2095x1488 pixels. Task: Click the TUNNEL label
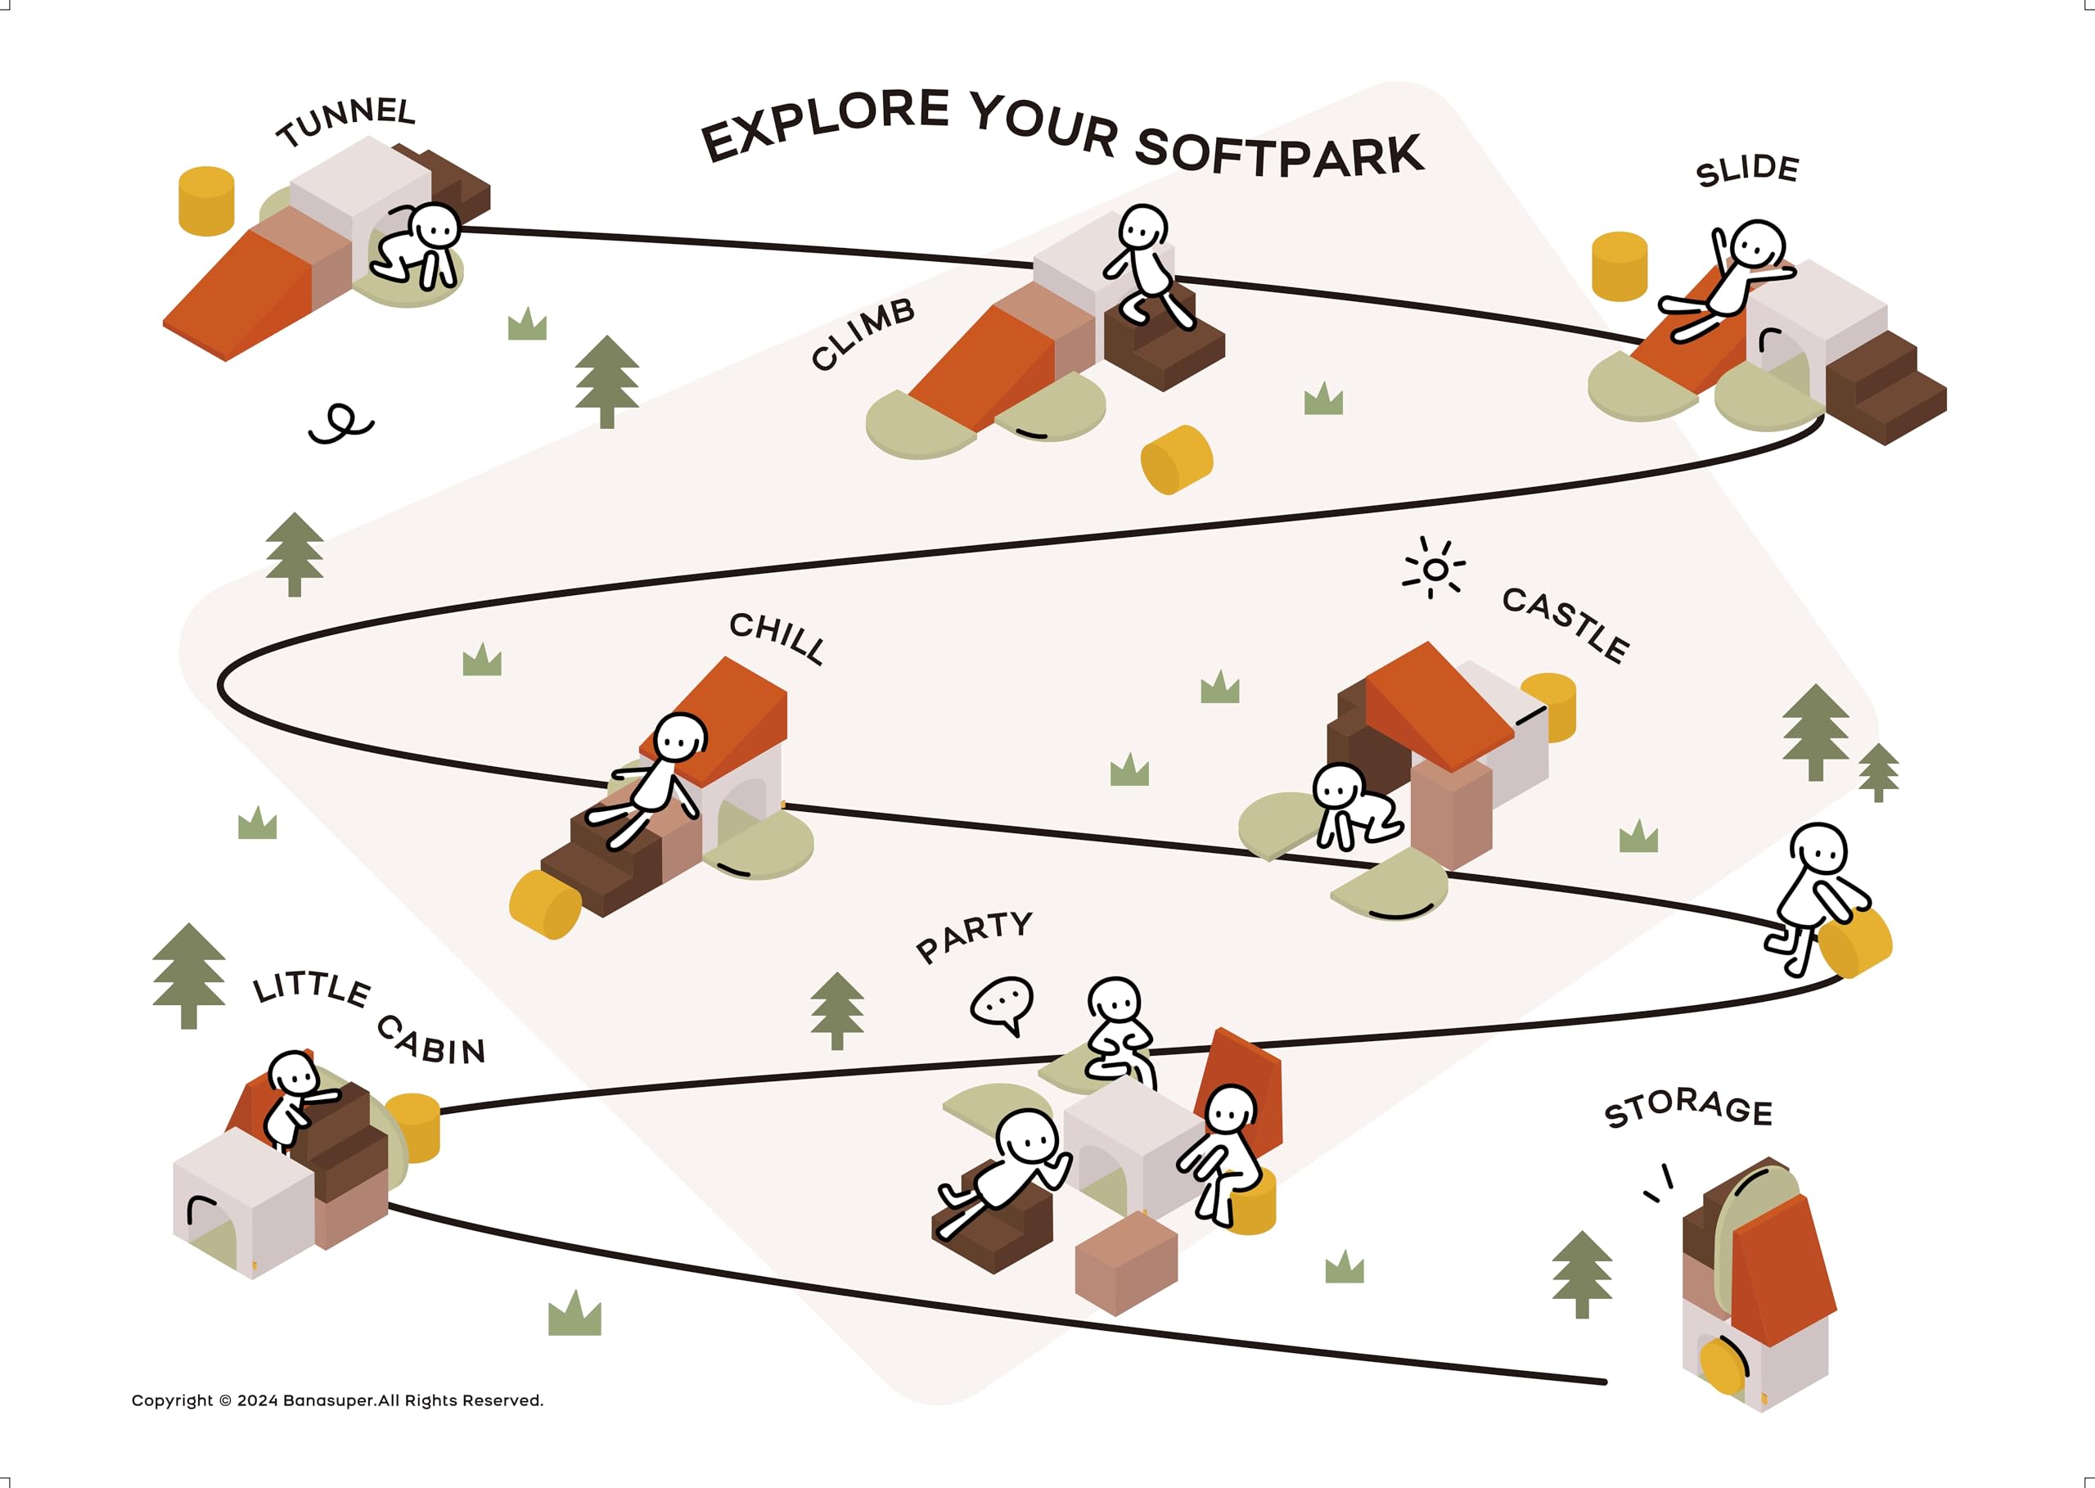(346, 121)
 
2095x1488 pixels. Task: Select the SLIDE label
(1747, 170)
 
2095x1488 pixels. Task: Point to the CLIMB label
(863, 333)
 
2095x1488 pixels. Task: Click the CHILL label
(777, 638)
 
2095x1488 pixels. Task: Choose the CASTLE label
(1566, 625)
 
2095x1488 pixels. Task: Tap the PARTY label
(974, 936)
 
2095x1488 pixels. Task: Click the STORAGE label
(1688, 1109)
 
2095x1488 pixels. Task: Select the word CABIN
(430, 1042)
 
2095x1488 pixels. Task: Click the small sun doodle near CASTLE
(1435, 568)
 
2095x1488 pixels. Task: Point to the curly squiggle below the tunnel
(340, 423)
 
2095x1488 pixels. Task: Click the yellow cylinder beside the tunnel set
(206, 201)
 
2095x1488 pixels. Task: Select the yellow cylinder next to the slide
(1620, 266)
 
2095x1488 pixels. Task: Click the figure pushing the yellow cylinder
(1816, 899)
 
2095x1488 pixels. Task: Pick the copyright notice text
(337, 1400)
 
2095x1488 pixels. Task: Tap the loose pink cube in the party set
(1126, 1263)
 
